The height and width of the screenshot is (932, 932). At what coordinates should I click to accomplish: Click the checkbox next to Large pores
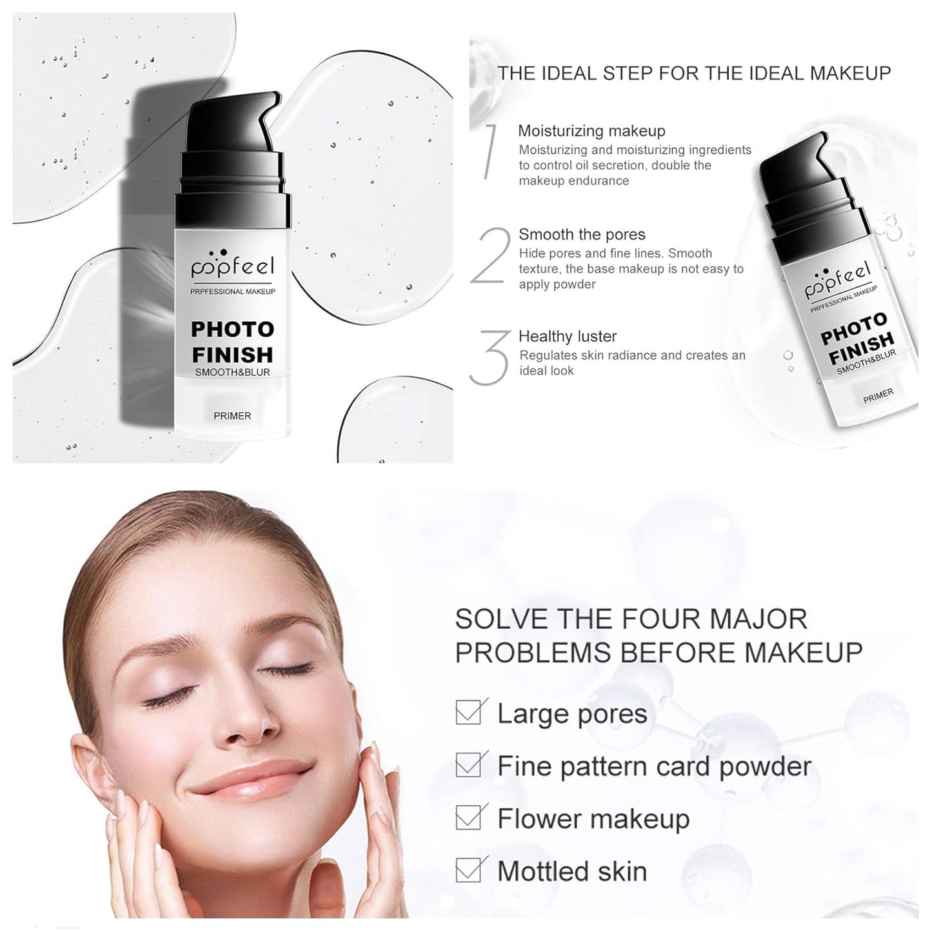click(468, 713)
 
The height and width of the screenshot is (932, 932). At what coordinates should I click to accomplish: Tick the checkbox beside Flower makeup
click(468, 818)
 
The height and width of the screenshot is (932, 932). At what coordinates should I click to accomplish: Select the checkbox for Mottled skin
click(468, 870)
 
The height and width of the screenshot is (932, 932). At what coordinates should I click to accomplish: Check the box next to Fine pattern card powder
click(468, 766)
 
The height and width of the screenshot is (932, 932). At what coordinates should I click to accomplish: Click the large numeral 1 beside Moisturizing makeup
click(490, 152)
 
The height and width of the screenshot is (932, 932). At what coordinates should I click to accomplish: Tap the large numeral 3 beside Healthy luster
click(490, 358)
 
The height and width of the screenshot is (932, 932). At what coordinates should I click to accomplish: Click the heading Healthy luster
click(567, 336)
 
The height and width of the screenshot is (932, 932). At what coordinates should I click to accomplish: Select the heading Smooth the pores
click(582, 234)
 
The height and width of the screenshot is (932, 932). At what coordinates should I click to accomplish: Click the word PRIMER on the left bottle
click(232, 416)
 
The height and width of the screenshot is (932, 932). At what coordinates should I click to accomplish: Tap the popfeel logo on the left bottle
click(232, 264)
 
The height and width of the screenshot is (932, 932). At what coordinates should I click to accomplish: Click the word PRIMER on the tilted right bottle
click(878, 395)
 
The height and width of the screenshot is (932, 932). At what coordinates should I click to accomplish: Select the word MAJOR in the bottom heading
click(758, 619)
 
